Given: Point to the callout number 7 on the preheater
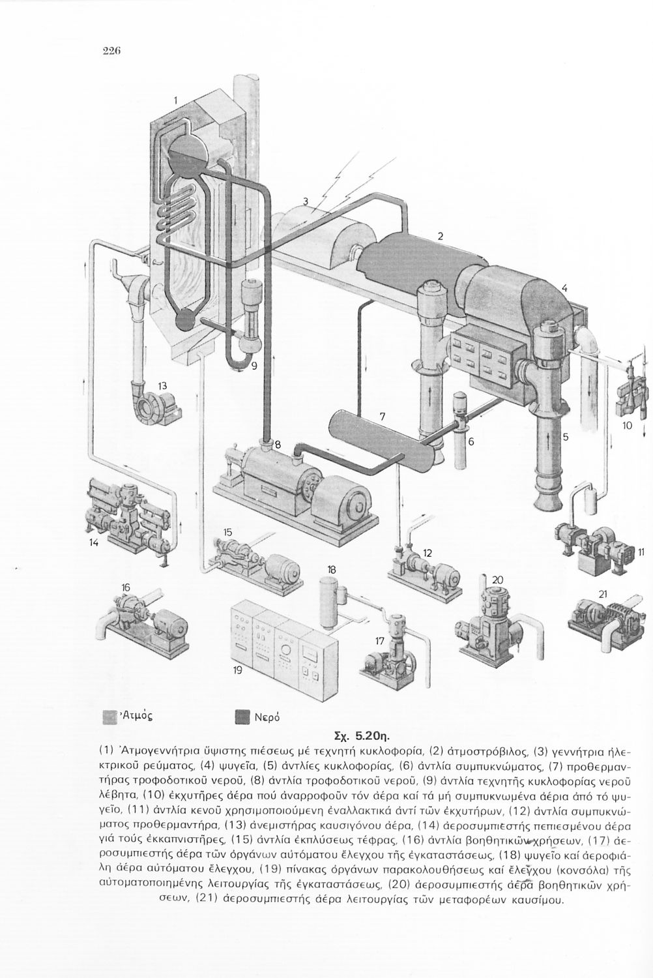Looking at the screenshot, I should click(x=383, y=416).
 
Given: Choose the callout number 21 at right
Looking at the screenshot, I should click(x=602, y=593).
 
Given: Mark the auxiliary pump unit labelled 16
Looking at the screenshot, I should click(x=143, y=619).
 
